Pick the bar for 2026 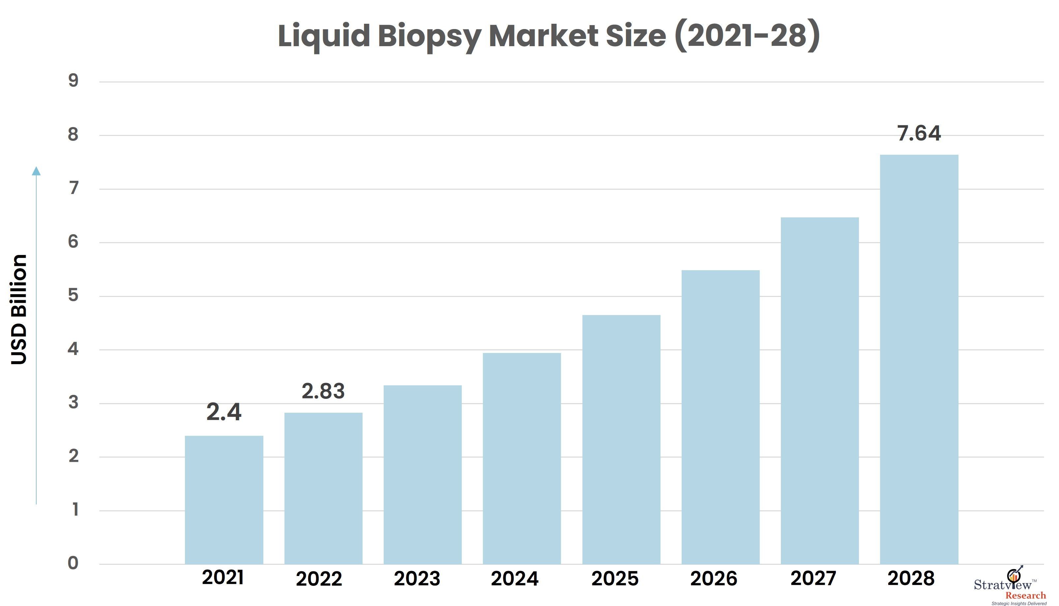[x=720, y=417]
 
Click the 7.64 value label [x=919, y=134]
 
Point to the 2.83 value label [x=323, y=391]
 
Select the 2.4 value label [x=224, y=412]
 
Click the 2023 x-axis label [x=417, y=579]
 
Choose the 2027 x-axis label [x=813, y=578]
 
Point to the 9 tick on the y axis [x=73, y=81]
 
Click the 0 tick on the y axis [x=73, y=563]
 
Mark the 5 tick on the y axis [x=73, y=296]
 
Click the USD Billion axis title [x=19, y=310]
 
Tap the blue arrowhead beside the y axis [x=37, y=171]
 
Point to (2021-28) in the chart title [x=746, y=37]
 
